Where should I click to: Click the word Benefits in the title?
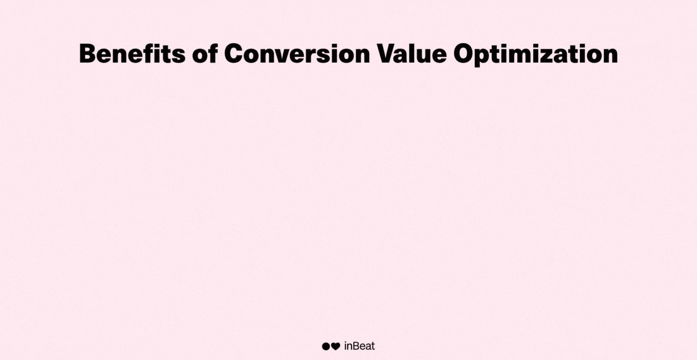tap(132, 54)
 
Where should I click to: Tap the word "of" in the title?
tap(205, 54)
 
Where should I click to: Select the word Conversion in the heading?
tap(297, 54)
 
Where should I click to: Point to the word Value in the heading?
tap(412, 54)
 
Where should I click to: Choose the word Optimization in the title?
tap(536, 55)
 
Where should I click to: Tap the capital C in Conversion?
tap(234, 54)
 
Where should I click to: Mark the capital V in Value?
tap(386, 54)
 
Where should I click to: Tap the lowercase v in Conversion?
tap(284, 56)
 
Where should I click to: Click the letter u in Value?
tap(427, 56)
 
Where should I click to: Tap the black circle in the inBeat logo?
tap(325, 346)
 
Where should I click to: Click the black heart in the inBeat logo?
tap(335, 346)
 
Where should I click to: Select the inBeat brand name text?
tap(359, 346)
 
